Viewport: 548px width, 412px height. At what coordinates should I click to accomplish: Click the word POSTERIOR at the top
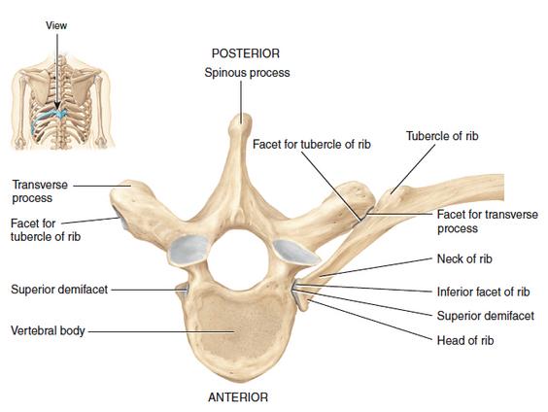point(246,53)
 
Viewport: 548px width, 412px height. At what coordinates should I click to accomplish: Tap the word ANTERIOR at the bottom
point(238,397)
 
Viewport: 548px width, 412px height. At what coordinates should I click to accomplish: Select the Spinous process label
point(247,73)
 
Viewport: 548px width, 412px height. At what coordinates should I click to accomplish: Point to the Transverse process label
point(40,191)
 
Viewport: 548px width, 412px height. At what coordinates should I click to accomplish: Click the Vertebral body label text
point(48,330)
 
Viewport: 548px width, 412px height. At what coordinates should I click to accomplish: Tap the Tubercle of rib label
point(442,136)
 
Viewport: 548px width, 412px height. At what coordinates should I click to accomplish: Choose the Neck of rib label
point(464,258)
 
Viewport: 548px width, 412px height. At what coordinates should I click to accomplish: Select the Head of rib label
point(465,340)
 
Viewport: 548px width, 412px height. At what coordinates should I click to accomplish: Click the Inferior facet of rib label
point(483,292)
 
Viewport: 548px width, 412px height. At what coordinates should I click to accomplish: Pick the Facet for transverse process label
point(488,222)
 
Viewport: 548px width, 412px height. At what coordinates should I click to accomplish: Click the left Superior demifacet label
point(59,290)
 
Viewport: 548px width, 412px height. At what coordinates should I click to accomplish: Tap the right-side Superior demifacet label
point(486,316)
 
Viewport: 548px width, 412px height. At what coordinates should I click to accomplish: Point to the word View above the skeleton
point(56,25)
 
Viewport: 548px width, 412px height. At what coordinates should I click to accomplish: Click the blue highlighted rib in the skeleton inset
point(48,117)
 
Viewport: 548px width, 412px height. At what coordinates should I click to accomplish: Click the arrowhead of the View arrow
point(57,106)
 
